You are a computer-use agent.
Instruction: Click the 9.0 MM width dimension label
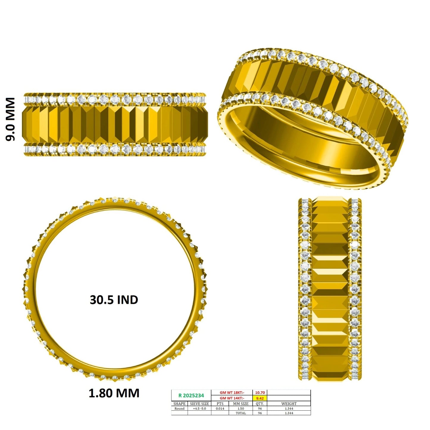coord(10,119)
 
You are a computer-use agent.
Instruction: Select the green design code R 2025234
coord(191,395)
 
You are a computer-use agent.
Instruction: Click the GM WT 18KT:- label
coord(232,393)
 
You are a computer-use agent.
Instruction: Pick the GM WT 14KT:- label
coord(232,398)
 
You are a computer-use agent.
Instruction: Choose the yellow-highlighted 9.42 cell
coord(260,398)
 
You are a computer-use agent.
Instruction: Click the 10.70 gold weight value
coord(260,393)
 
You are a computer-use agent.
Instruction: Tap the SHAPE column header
coord(179,404)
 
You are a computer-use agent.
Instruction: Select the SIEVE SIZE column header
coord(199,404)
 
